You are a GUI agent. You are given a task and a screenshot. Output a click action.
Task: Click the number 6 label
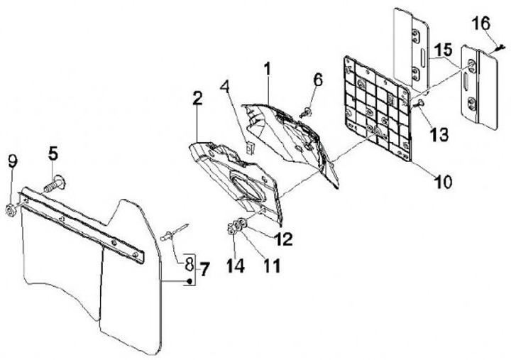click(318, 80)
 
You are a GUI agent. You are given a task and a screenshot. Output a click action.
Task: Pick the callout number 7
click(204, 270)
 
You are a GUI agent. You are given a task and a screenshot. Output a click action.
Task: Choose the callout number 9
click(11, 161)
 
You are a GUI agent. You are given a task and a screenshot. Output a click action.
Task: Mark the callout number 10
click(442, 182)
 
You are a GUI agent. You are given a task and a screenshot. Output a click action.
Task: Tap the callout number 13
click(439, 134)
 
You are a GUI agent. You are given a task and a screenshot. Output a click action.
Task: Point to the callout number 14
click(235, 266)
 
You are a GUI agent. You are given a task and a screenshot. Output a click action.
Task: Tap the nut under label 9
click(11, 209)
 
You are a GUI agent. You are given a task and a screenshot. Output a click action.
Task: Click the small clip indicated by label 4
click(249, 148)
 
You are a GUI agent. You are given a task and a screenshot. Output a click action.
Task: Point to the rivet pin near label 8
click(175, 231)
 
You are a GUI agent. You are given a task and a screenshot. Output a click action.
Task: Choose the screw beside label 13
click(420, 104)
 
